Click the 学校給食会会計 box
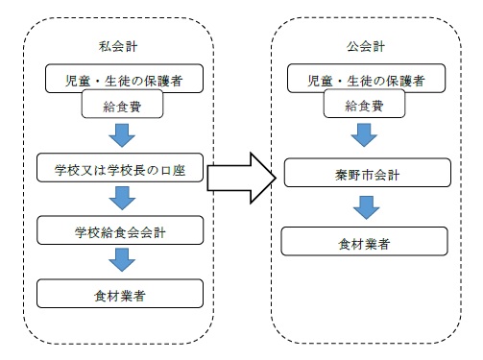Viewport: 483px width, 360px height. (x=121, y=231)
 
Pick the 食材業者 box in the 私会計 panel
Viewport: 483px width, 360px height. (x=121, y=292)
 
